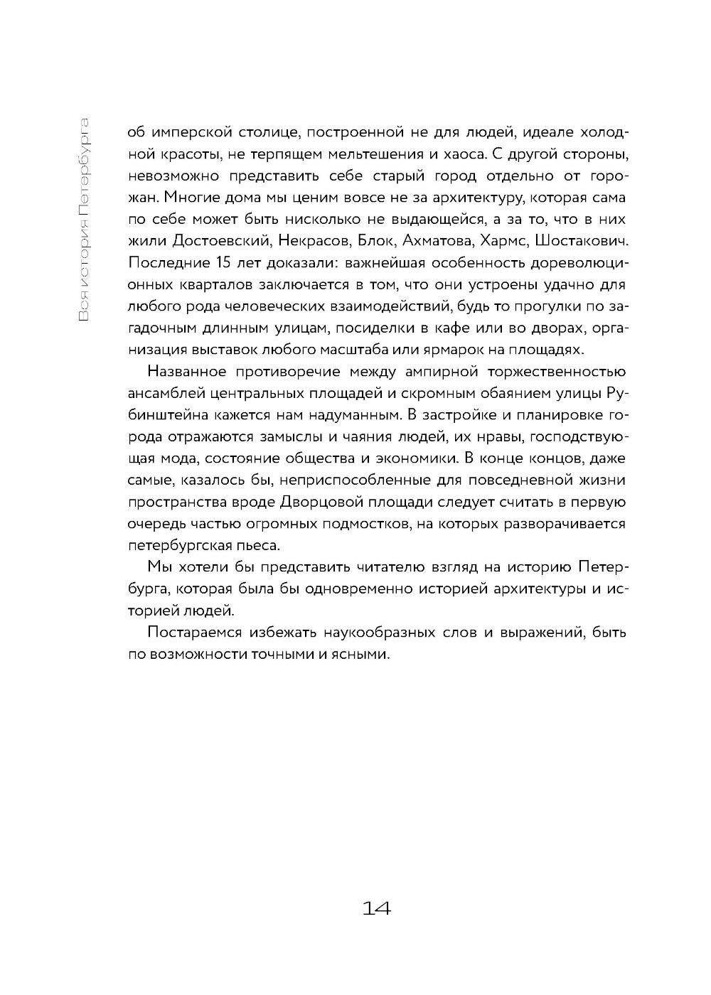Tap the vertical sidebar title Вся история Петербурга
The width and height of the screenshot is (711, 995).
coord(85,220)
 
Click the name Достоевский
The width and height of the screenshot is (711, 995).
coord(210,241)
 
